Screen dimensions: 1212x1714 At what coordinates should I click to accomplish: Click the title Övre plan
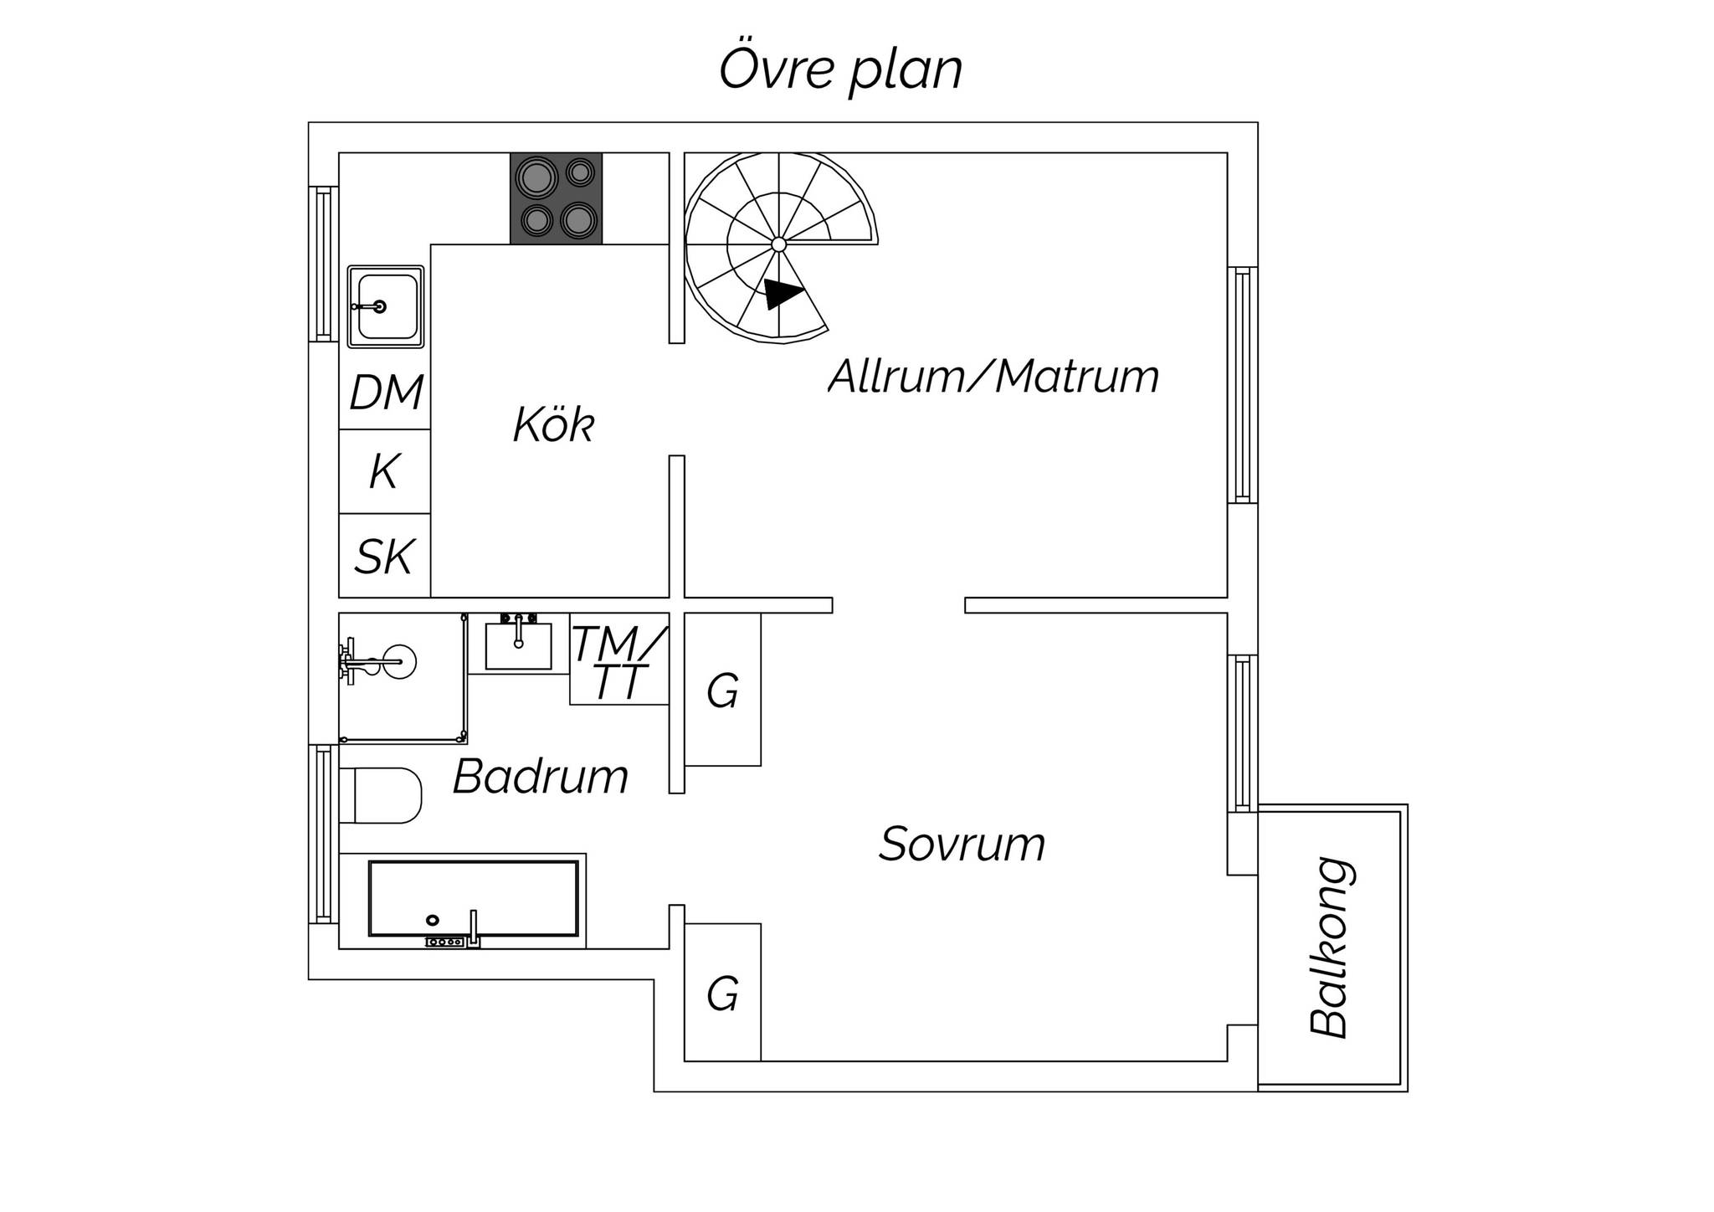840,70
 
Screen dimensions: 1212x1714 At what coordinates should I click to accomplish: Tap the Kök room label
553,425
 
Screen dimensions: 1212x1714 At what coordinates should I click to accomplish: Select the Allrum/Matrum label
993,377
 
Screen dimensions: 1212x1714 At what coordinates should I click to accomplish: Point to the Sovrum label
962,844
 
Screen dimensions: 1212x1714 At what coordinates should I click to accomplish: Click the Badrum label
541,777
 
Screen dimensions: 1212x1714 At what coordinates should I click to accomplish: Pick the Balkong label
1331,948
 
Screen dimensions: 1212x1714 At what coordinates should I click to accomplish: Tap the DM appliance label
386,393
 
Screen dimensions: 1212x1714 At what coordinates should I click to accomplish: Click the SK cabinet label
384,557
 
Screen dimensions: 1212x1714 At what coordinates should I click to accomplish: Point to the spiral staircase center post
778,244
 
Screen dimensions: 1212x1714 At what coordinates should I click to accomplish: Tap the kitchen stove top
557,198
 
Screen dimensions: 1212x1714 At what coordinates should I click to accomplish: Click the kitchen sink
386,306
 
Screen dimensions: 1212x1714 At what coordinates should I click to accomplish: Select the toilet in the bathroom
382,795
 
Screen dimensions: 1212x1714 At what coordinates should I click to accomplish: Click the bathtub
474,898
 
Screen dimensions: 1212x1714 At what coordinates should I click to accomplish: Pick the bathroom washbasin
519,645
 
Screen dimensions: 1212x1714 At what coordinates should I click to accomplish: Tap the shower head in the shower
399,662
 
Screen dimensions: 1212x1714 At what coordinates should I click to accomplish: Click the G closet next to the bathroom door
722,691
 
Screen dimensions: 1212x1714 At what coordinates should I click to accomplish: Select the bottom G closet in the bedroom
722,994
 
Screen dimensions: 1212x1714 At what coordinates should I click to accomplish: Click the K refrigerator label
383,472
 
